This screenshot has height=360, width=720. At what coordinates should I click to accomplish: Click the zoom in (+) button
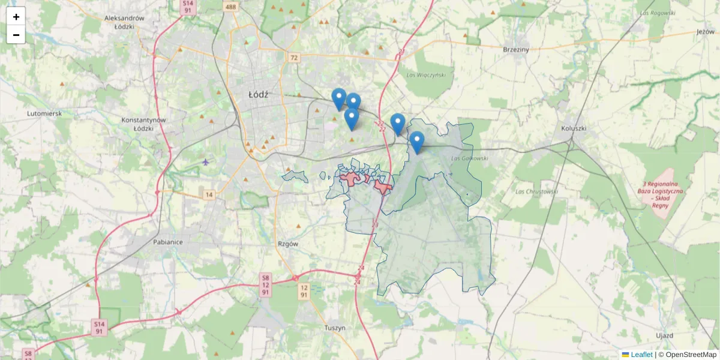click(16, 17)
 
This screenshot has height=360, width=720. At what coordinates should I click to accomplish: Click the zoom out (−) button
click(16, 35)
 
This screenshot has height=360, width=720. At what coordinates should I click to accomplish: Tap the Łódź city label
click(258, 95)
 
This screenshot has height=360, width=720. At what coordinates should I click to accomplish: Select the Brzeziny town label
click(516, 50)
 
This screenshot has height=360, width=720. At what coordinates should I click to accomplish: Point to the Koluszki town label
click(573, 128)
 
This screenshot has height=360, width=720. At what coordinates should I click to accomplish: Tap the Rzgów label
click(288, 244)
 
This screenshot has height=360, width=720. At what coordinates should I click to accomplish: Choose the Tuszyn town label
click(335, 328)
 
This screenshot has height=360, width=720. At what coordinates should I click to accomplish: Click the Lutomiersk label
click(44, 113)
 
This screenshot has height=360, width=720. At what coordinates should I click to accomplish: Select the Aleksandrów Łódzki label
click(125, 22)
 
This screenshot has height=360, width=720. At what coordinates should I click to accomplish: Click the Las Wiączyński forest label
click(426, 75)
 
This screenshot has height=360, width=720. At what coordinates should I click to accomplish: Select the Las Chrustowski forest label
click(536, 192)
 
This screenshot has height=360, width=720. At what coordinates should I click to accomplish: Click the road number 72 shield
click(293, 58)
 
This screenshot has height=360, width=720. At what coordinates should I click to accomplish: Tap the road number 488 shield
click(230, 7)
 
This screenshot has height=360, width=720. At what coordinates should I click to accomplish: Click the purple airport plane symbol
click(206, 161)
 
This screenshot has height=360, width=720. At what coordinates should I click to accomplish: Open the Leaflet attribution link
click(641, 355)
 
